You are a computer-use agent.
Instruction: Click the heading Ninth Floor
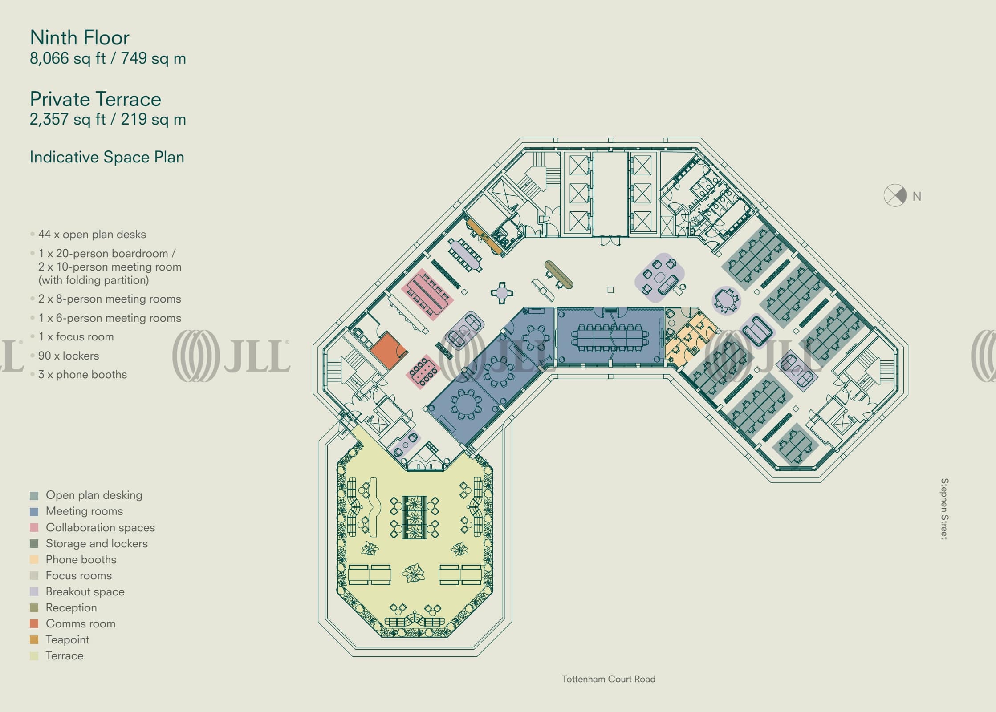point(80,38)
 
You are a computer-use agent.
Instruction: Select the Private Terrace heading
point(95,99)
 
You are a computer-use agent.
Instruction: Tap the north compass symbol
point(894,195)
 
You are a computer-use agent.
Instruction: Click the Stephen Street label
point(944,509)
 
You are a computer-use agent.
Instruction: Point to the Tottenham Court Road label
point(608,679)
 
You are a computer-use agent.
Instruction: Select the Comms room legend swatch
point(34,623)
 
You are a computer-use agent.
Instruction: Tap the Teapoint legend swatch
point(34,639)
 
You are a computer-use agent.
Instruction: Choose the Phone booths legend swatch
point(34,559)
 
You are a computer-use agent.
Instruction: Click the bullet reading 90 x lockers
point(69,356)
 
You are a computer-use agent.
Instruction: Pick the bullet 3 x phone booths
point(82,374)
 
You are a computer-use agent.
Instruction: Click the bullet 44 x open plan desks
point(92,234)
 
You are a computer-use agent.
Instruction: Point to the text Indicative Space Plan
point(107,157)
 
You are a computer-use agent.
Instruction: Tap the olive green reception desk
point(558,274)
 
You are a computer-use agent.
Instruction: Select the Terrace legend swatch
point(34,655)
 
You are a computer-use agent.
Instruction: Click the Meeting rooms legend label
point(84,511)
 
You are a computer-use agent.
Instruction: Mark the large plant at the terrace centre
point(414,573)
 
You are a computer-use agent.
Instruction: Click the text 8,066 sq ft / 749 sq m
point(108,58)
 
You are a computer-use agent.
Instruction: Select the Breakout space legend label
point(85,591)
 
